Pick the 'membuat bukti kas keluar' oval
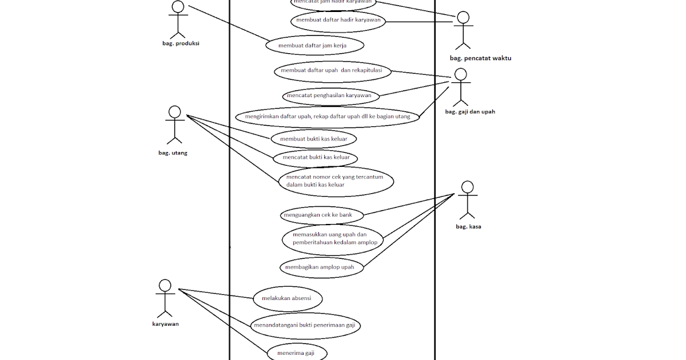point(314,139)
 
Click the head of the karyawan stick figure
point(165,285)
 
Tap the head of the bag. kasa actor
point(467,187)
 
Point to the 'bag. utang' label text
point(173,153)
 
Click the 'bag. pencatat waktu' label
point(480,58)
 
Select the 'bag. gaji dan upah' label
point(470,112)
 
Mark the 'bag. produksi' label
point(181,44)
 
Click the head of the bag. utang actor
point(175,112)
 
